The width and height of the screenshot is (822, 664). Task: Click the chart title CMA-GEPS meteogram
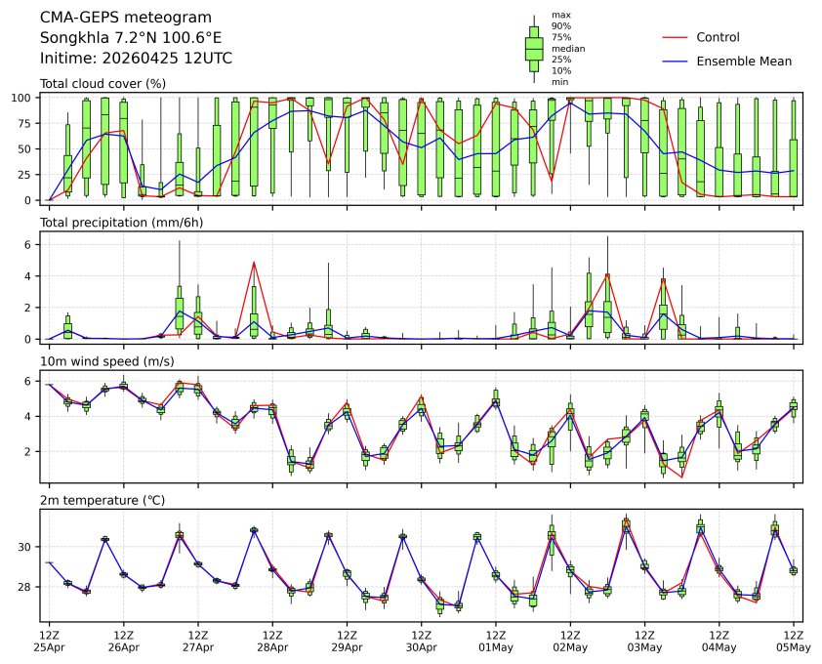[118, 18]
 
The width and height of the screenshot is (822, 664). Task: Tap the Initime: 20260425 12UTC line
[136, 59]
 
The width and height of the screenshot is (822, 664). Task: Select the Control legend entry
[718, 38]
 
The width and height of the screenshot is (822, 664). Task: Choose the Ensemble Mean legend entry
[743, 61]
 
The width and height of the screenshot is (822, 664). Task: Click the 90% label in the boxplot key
[561, 25]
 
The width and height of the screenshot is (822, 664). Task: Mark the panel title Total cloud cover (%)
[103, 83]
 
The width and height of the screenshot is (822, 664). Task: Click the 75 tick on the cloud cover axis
[28, 123]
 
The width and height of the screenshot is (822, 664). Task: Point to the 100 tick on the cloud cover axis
[25, 98]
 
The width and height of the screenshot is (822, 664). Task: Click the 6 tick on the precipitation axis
[31, 245]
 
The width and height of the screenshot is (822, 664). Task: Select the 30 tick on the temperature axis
[28, 547]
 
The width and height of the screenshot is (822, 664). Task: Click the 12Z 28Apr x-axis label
[272, 641]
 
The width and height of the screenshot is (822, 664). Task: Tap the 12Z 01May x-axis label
[495, 641]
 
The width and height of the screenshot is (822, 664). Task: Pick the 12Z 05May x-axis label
[793, 641]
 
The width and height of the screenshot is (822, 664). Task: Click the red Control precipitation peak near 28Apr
[254, 263]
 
